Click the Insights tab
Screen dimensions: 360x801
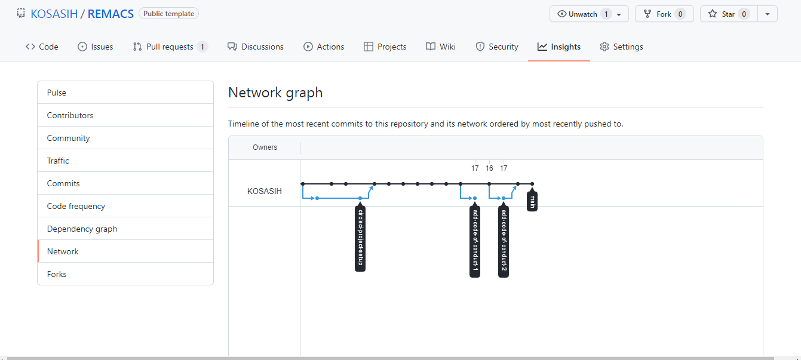tap(559, 47)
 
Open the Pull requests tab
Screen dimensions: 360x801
tap(170, 47)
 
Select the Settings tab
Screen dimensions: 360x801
tap(621, 47)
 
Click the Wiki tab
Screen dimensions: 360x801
tap(441, 47)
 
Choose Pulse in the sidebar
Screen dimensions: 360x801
tap(57, 93)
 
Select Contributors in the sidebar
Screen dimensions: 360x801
tap(70, 115)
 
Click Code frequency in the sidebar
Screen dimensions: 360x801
tap(76, 206)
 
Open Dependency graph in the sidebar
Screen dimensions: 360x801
tap(82, 229)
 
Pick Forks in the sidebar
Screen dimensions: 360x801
tap(57, 274)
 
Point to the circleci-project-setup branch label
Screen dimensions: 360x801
tap(360, 238)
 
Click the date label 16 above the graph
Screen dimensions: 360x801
tap(489, 168)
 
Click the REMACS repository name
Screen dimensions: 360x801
tap(111, 14)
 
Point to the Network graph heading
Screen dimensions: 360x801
tap(275, 93)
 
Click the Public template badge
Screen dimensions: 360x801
tap(168, 13)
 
